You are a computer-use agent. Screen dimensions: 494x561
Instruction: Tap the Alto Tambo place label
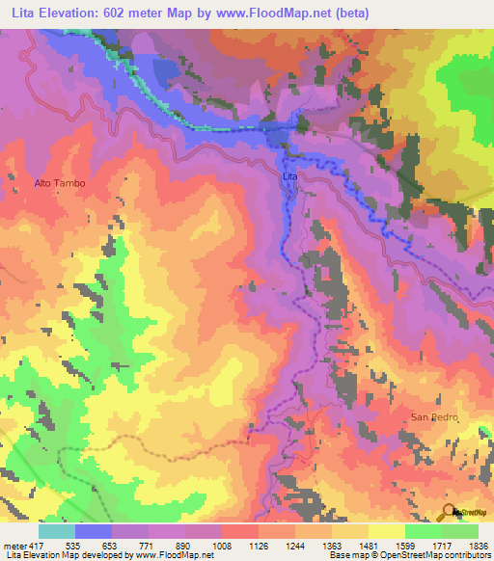(x=60, y=182)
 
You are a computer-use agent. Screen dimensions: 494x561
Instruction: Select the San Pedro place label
(x=433, y=416)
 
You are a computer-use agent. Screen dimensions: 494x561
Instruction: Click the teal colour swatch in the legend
(x=57, y=531)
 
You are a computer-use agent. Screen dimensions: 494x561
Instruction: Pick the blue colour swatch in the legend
(x=94, y=531)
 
